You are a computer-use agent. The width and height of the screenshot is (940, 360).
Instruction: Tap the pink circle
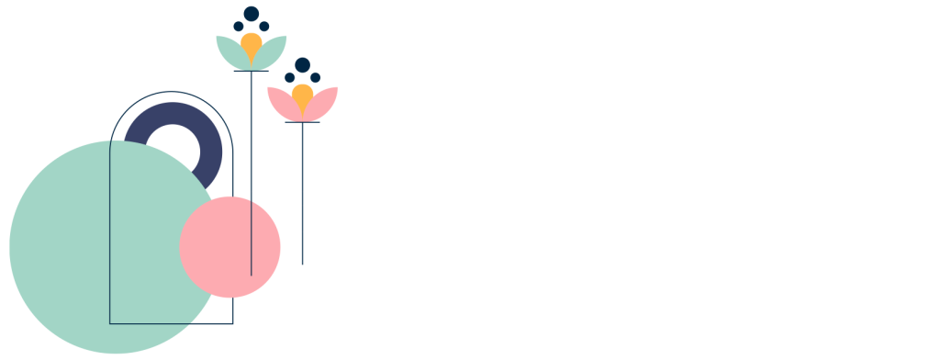coord(229,246)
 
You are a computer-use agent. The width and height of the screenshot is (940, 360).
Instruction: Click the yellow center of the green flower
coord(252,43)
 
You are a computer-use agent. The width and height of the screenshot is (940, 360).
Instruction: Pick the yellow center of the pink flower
coord(302,94)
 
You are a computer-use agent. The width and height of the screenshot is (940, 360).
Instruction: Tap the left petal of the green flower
coord(229,51)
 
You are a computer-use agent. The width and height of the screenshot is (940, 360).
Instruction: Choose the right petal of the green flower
coord(274,51)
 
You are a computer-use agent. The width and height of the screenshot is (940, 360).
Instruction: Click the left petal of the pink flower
coord(280,101)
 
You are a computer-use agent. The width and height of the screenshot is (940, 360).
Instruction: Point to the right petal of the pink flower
coord(324,101)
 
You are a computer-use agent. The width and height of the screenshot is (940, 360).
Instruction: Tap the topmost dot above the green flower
coord(252,13)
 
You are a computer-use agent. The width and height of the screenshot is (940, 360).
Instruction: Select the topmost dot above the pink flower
coord(302,64)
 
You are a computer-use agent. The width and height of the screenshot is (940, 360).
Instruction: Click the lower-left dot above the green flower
coord(239,26)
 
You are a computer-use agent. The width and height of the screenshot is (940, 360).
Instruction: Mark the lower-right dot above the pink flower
coord(315,77)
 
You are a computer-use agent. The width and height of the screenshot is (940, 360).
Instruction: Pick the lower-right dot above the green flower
coord(264,26)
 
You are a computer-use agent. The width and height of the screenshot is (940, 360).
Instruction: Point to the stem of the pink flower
coord(302,184)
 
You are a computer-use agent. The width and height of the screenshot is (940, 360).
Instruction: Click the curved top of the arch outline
coord(172,92)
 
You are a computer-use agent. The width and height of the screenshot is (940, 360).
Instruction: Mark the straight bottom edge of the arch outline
coord(172,323)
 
